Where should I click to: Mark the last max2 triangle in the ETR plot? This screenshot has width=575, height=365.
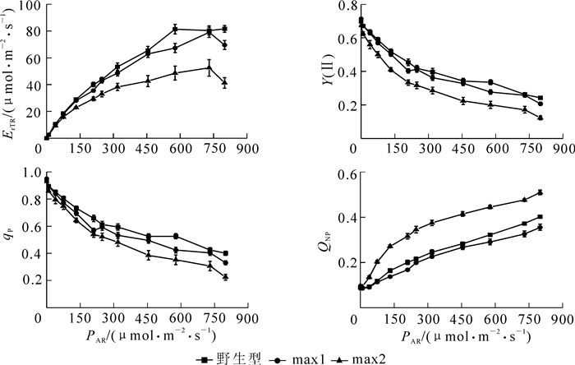[x=224, y=83]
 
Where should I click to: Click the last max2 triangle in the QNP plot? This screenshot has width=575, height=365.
[x=540, y=192]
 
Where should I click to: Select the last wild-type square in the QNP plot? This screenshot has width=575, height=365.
[x=540, y=217]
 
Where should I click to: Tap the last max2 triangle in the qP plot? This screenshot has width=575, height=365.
[x=224, y=277]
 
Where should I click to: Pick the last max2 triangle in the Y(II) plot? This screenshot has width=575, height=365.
[x=540, y=118]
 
